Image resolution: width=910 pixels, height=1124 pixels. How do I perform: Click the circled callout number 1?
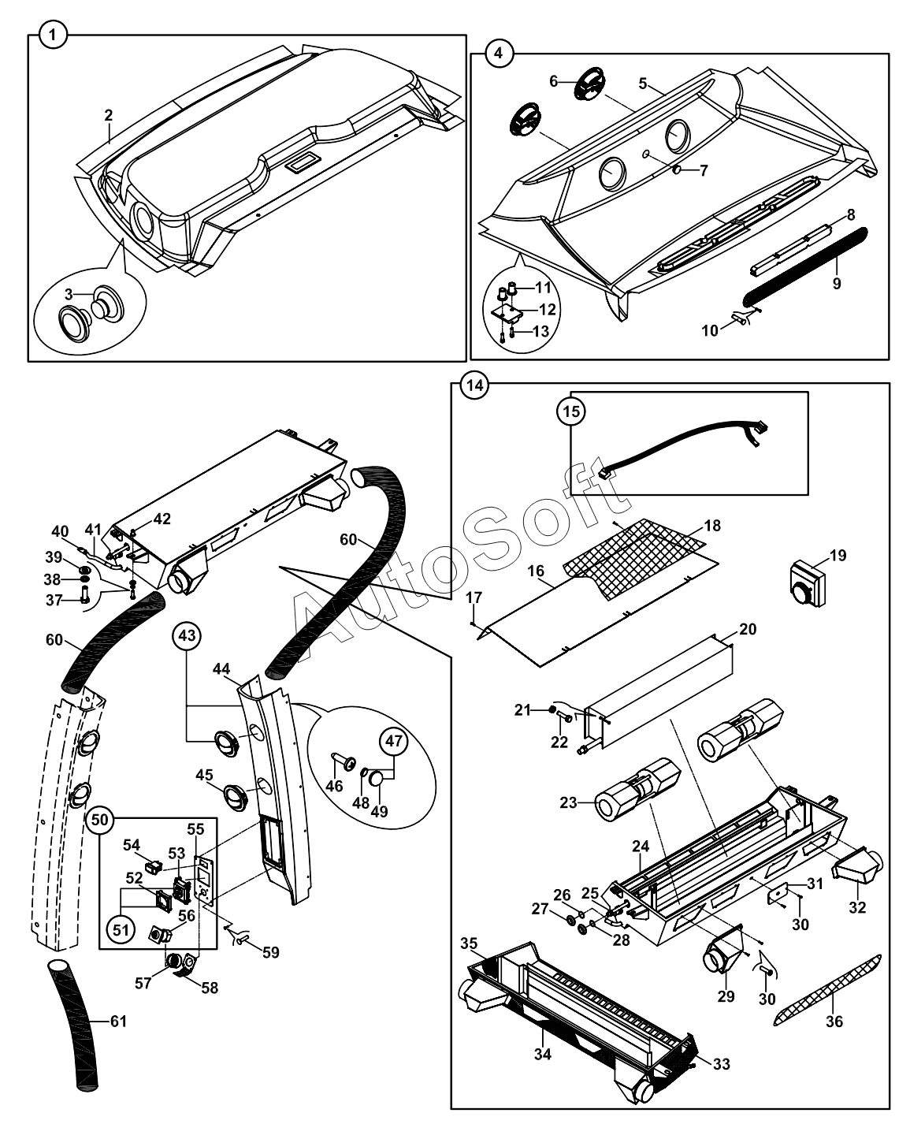pos(52,35)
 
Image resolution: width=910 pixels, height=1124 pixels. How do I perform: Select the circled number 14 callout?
pos(474,385)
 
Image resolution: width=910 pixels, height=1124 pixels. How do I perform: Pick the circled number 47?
pos(393,742)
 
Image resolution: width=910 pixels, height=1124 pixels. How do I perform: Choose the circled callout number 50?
pos(99,819)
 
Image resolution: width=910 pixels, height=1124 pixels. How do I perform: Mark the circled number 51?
pos(119,929)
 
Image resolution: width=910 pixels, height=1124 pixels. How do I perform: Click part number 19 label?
pos(837,556)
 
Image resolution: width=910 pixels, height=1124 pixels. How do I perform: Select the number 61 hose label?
pos(117,1022)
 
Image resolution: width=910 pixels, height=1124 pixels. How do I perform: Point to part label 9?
pos(836,283)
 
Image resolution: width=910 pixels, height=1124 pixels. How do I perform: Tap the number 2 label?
pos(109,115)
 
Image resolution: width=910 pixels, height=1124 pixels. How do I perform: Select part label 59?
pos(270,952)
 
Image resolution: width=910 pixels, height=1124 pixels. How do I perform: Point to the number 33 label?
pos(721,1064)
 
